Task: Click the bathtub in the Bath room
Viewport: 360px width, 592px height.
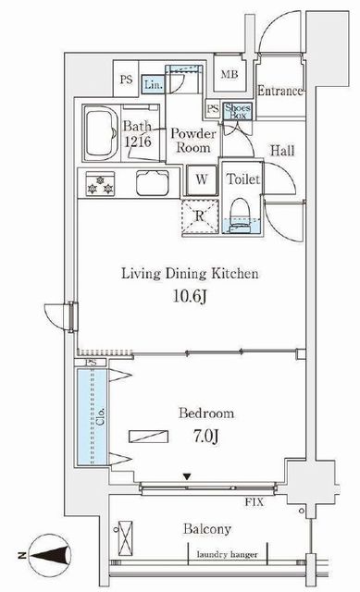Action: coord(100,133)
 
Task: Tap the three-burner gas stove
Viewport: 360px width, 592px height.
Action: coord(100,183)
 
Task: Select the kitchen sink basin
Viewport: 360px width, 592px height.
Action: coord(152,183)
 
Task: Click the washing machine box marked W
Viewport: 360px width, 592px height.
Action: coord(202,179)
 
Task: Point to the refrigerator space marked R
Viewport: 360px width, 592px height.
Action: coord(200,216)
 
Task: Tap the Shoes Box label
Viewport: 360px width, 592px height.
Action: coord(238,111)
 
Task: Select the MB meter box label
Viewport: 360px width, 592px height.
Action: coord(230,74)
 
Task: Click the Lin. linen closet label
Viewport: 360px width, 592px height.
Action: coord(154,84)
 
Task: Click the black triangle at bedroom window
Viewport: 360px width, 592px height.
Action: coord(187,477)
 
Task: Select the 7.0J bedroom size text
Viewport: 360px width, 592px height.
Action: coord(206,437)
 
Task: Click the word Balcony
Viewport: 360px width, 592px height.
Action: coord(207,529)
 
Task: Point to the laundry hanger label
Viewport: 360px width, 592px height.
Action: coord(228,554)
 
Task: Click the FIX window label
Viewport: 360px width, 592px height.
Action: coord(254,502)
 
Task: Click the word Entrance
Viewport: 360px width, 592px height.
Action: coord(280,91)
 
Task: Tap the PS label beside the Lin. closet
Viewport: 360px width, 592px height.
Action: coord(127,80)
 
